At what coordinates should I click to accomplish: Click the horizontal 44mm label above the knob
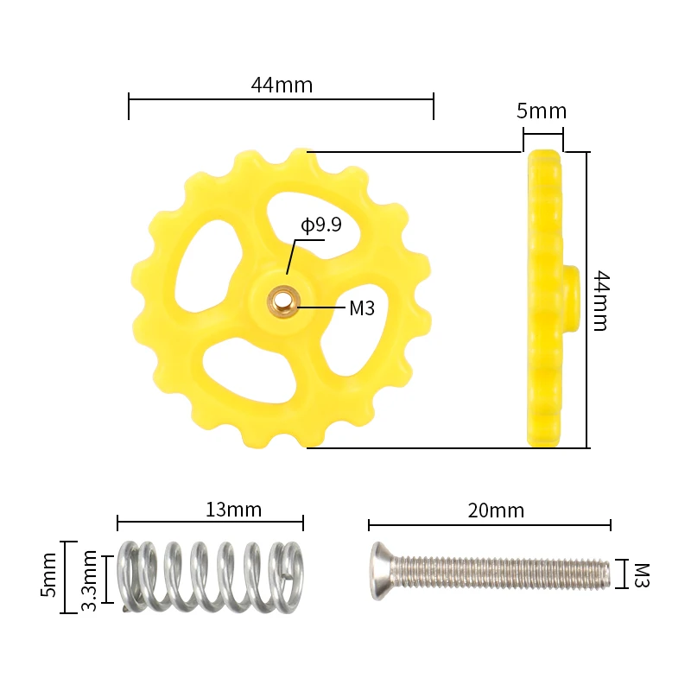pos(282,85)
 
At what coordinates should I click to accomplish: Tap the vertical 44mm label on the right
pos(600,301)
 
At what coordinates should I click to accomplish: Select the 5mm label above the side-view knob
pos(542,111)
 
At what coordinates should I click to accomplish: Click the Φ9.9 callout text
pos(321,225)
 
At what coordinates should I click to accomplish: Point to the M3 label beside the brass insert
pos(362,308)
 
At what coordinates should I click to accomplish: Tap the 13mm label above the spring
pos(233,510)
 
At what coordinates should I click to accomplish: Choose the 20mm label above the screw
pos(496,510)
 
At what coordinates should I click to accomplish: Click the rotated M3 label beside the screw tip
pos(642,575)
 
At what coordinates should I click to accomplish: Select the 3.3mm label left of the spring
pos(90,580)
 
